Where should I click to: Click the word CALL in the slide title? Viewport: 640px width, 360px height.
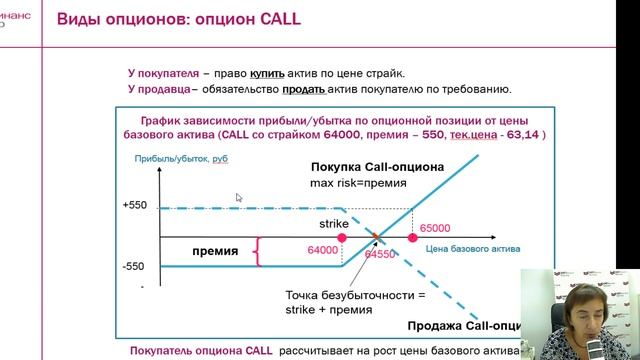pos(277,20)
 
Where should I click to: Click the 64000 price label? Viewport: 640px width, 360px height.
pos(323,251)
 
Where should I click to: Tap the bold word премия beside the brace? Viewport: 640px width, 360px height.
pos(215,251)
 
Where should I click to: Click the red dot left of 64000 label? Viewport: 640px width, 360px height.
pos(344,239)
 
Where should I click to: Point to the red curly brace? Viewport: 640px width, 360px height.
pos(260,251)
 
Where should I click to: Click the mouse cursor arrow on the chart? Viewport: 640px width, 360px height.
pos(238,198)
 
